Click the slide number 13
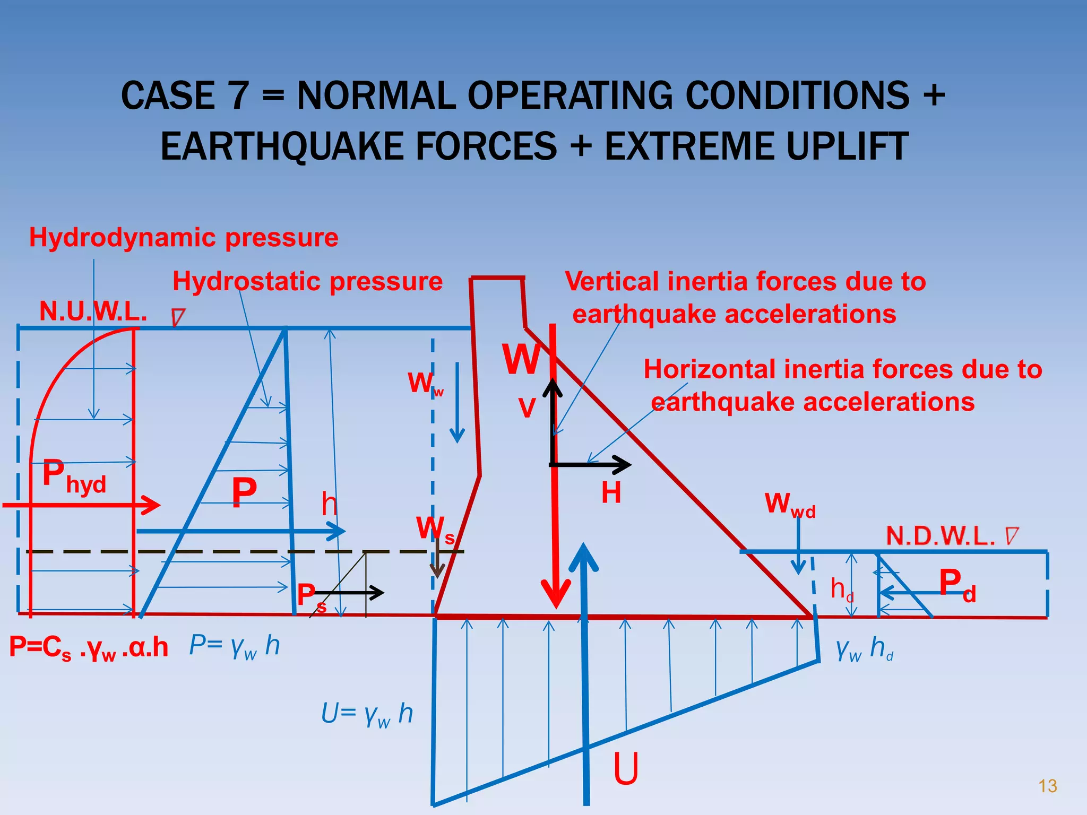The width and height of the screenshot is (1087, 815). (1047, 786)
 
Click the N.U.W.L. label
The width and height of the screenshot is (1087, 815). (93, 311)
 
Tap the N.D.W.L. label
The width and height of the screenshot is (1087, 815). (941, 536)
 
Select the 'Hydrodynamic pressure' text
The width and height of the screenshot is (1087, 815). (184, 237)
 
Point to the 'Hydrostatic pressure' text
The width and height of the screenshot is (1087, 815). (307, 281)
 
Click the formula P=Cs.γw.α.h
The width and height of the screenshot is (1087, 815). (89, 648)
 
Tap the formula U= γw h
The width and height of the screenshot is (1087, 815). (367, 714)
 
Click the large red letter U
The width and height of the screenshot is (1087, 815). (626, 769)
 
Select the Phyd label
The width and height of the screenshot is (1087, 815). (74, 476)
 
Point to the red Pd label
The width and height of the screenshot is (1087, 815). (957, 585)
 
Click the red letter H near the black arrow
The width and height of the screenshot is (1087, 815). (611, 493)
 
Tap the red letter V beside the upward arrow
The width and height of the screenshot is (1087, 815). (527, 409)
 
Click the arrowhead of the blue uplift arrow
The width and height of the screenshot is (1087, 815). (584, 557)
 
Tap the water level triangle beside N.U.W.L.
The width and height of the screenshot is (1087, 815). (178, 317)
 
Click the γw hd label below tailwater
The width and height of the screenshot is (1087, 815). (865, 649)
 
